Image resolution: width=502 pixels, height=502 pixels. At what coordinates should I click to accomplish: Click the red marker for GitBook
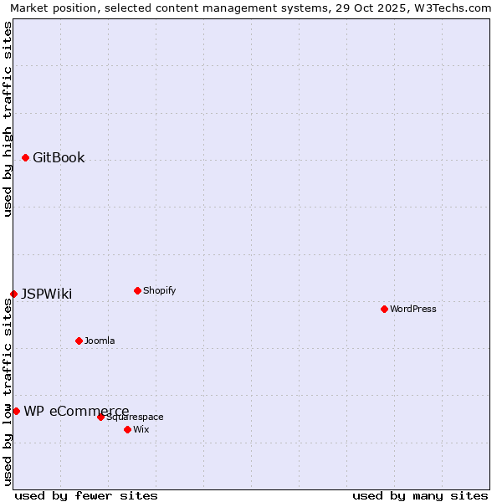(25, 157)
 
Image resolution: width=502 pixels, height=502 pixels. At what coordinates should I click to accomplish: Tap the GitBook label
(59, 158)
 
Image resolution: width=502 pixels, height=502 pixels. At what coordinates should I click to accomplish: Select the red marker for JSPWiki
(13, 294)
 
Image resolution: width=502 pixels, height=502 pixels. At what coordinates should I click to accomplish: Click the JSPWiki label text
(46, 295)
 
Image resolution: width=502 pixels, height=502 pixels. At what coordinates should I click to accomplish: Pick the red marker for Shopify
(137, 290)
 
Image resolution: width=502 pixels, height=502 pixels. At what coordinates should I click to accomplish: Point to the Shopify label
(159, 291)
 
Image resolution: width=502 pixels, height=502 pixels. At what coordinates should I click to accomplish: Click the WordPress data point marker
(384, 309)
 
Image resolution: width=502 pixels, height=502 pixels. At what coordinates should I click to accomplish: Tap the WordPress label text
(412, 310)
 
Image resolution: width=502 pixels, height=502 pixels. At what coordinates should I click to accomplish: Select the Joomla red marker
(79, 341)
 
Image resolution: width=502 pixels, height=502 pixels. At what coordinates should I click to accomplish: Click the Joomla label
(100, 341)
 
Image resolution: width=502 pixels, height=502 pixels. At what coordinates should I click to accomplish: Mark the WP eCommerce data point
(16, 411)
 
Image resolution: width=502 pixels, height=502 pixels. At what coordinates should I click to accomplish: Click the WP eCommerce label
(76, 411)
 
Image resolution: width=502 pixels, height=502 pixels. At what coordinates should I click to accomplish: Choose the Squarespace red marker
(100, 417)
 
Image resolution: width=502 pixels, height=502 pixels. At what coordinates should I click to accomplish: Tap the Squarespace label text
(135, 417)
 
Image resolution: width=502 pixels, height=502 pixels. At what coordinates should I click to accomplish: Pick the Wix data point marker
(127, 429)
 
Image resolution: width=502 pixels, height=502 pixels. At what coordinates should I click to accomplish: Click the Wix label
(141, 430)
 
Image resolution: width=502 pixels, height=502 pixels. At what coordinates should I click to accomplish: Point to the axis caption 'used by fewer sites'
(86, 495)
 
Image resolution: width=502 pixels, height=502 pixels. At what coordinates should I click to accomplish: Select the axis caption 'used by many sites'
(420, 495)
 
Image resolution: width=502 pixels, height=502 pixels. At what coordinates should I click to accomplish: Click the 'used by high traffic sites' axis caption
(8, 119)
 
